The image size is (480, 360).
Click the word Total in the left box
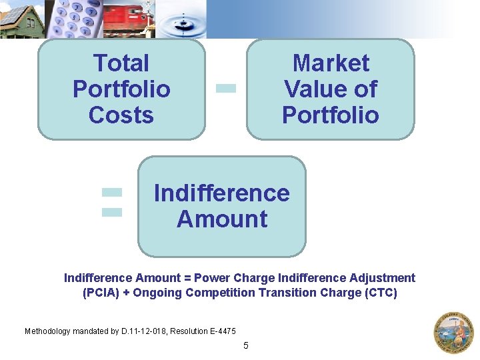[x=121, y=63]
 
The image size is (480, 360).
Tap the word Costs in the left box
[x=121, y=115]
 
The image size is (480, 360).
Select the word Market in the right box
[x=331, y=63]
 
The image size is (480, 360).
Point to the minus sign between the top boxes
[x=227, y=87]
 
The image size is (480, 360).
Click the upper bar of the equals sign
[x=112, y=192]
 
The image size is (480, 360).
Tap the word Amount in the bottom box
[x=222, y=219]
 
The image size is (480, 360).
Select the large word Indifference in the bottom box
[x=222, y=193]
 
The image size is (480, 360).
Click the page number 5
[x=245, y=345]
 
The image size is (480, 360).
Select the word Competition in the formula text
[x=220, y=293]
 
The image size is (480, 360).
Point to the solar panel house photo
[x=21, y=19]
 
